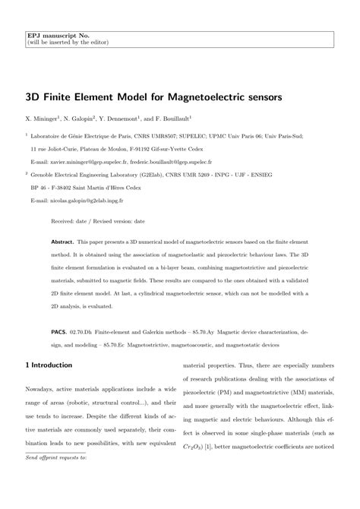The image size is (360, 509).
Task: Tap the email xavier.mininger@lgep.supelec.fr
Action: pyautogui.click(x=87, y=163)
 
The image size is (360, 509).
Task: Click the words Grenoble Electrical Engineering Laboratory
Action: pyautogui.click(x=98, y=175)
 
